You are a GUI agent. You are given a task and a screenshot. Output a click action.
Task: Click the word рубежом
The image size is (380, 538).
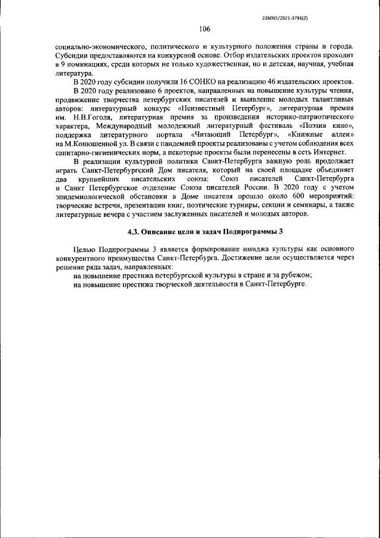coord(296,275)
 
